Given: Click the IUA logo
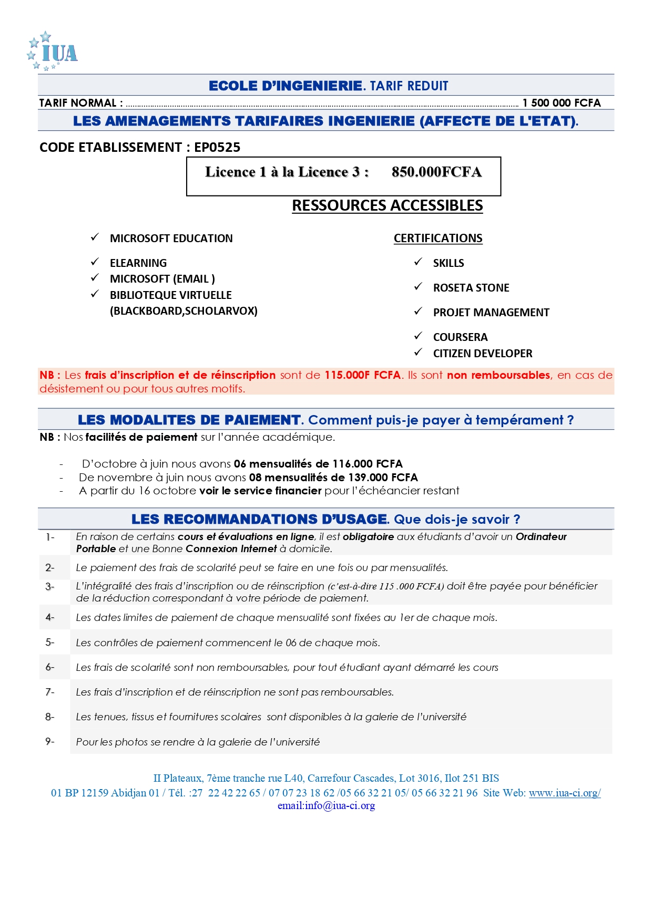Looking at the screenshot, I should pos(53,51).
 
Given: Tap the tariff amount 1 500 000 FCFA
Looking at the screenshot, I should pos(561,103).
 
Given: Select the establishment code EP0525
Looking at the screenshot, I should pos(217,148).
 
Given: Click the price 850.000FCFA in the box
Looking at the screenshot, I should pos(436,172).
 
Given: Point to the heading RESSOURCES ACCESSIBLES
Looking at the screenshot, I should pos(387,206).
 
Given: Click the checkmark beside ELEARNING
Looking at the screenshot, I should pos(95,262).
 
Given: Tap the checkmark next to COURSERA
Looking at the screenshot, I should pos(418,336).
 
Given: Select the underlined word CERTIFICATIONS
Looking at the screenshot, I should pos(438,239).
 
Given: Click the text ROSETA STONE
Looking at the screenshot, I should pos(471,288).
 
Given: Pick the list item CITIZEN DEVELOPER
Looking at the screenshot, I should pos(482,354).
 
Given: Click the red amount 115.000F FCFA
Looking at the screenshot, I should pos(362,375).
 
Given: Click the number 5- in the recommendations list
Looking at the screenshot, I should pos(50,642).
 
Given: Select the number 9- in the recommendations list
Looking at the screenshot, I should pos(50,741).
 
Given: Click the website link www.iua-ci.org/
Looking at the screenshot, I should pos(564,793).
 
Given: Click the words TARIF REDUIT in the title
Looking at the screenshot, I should pos(409,86).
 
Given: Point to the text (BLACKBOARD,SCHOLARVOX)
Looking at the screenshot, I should pos(184,311).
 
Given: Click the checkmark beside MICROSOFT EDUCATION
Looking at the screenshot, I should pos(95,237).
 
